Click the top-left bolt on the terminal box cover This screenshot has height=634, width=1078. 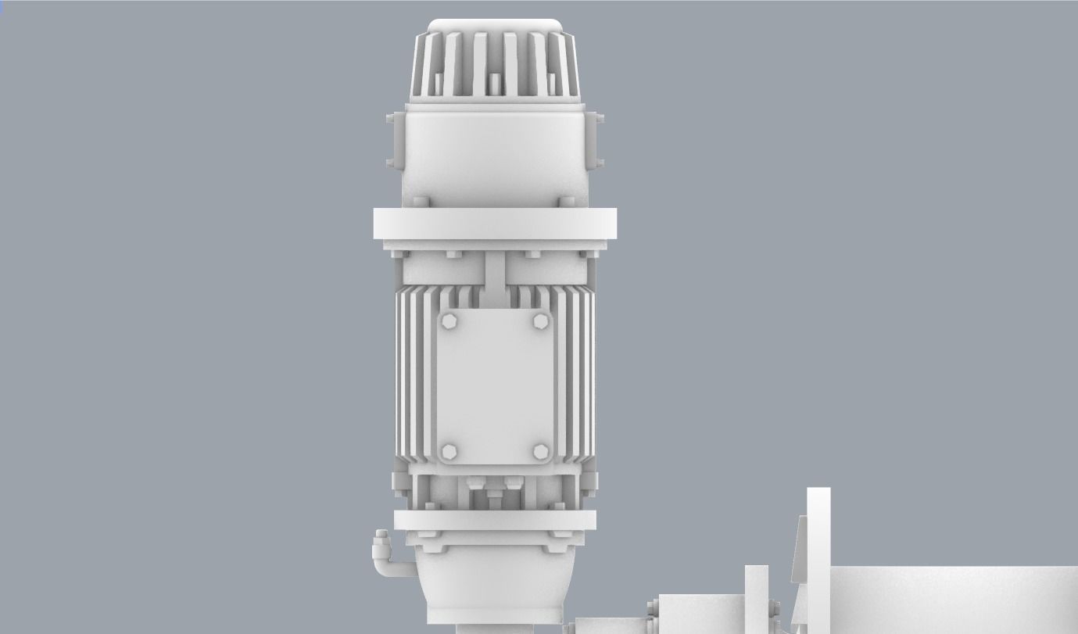coord(449,321)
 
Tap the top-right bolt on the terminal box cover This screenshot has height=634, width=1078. coord(541,321)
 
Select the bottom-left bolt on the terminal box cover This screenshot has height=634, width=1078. coord(449,452)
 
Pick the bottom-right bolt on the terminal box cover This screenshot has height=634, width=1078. coord(541,452)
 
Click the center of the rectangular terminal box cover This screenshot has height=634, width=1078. coord(495,387)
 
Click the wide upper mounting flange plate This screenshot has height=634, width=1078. coord(496,224)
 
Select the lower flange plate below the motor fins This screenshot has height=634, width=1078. coord(495,521)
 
